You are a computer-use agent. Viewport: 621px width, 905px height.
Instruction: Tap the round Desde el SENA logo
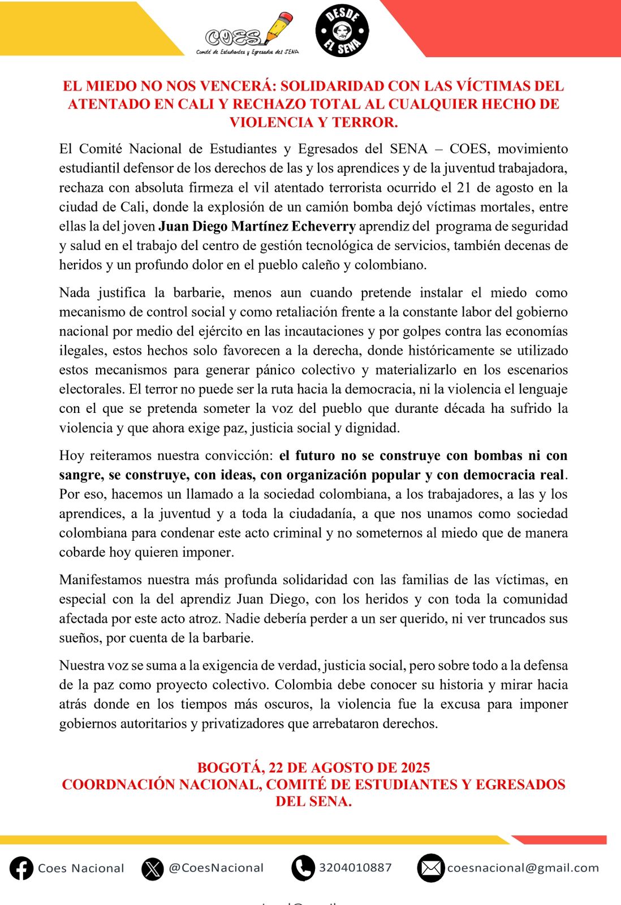pos(342,31)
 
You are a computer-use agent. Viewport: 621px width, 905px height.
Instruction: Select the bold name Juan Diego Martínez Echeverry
pos(257,226)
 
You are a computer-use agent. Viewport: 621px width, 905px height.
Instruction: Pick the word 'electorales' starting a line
pos(91,389)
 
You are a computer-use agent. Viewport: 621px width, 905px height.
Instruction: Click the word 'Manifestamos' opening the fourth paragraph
pos(101,580)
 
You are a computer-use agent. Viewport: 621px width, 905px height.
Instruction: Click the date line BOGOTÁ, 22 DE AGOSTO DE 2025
pos(313,768)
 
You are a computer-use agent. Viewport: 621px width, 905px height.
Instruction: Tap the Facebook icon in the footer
pos(21,868)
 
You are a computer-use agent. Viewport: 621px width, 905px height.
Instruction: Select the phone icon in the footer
pos(303,868)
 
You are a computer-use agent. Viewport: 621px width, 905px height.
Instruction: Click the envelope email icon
pos(430,868)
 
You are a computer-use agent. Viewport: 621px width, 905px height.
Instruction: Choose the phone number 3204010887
pos(355,868)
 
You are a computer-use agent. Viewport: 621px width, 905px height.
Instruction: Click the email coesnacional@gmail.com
pos(523,868)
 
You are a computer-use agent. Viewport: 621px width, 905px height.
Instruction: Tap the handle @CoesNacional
pos(216,868)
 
